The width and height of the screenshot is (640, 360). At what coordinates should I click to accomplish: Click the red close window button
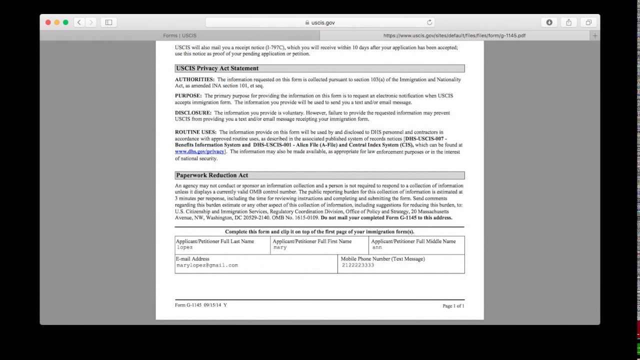[48, 22]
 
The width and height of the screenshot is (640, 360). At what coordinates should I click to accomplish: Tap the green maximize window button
[65, 22]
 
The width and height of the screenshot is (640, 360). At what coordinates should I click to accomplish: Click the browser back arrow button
[79, 22]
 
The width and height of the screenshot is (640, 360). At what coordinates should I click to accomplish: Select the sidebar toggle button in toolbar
[108, 22]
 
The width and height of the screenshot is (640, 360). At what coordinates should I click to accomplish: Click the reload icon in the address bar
[429, 22]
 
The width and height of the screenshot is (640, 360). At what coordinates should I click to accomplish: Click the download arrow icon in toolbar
[549, 22]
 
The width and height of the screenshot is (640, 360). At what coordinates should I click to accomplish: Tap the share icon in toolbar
[568, 22]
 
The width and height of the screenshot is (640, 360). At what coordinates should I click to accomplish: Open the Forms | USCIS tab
[179, 35]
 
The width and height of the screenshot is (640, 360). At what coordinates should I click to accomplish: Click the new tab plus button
[594, 35]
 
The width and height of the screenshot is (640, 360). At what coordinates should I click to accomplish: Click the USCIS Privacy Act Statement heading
[217, 68]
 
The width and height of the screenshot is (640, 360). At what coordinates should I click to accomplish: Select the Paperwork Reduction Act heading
[212, 175]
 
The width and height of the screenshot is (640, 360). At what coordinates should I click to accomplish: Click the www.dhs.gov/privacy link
[199, 151]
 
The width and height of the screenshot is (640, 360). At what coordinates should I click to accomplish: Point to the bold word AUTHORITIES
[194, 79]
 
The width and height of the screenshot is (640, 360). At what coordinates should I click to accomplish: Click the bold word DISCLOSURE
[193, 113]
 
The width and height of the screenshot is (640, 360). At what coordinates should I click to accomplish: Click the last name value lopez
[184, 247]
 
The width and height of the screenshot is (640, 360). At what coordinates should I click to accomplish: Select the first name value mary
[280, 247]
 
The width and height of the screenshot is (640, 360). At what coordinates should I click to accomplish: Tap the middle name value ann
[377, 247]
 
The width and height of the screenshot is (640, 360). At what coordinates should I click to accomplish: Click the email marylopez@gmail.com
[207, 265]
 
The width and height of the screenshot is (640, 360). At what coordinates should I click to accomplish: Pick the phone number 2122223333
[357, 265]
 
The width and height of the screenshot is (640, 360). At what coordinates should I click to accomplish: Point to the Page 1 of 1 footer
[453, 306]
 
